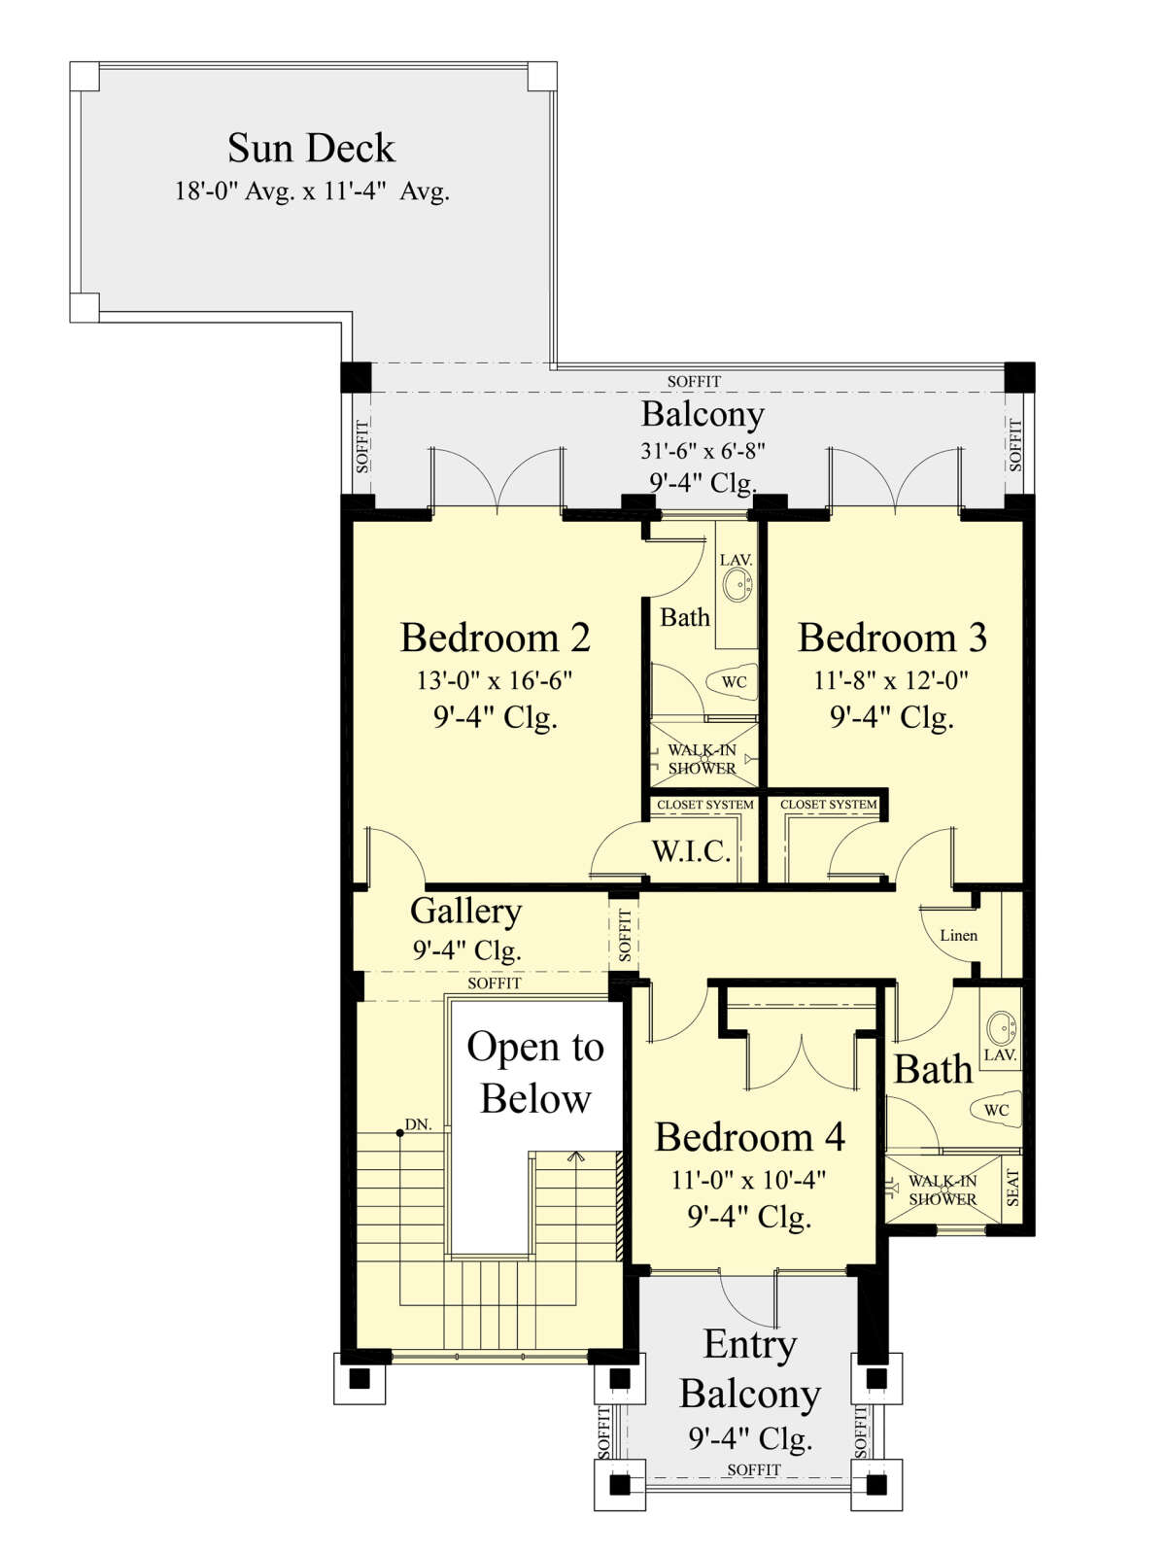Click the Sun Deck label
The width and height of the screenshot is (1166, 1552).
(x=311, y=148)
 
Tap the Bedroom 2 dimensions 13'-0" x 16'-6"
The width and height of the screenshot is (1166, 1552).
(x=494, y=681)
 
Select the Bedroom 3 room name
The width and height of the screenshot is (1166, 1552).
(x=892, y=638)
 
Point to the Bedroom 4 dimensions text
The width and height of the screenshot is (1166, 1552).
(x=749, y=1180)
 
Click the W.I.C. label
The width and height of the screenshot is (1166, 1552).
(x=691, y=852)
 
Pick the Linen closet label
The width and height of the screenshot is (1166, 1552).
(x=959, y=935)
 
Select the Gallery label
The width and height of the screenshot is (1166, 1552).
(x=465, y=913)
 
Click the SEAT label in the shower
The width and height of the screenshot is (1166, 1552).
(x=1012, y=1188)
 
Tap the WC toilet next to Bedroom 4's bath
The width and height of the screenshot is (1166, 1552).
(x=996, y=1111)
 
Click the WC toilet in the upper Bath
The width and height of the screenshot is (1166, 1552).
(x=733, y=682)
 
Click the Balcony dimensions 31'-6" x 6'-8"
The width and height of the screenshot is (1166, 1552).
(x=703, y=450)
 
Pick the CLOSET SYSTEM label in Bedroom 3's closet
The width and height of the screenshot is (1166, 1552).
(x=828, y=805)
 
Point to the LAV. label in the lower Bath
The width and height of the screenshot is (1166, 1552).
(x=1000, y=1055)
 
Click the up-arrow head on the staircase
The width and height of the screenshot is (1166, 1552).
(x=576, y=1156)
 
